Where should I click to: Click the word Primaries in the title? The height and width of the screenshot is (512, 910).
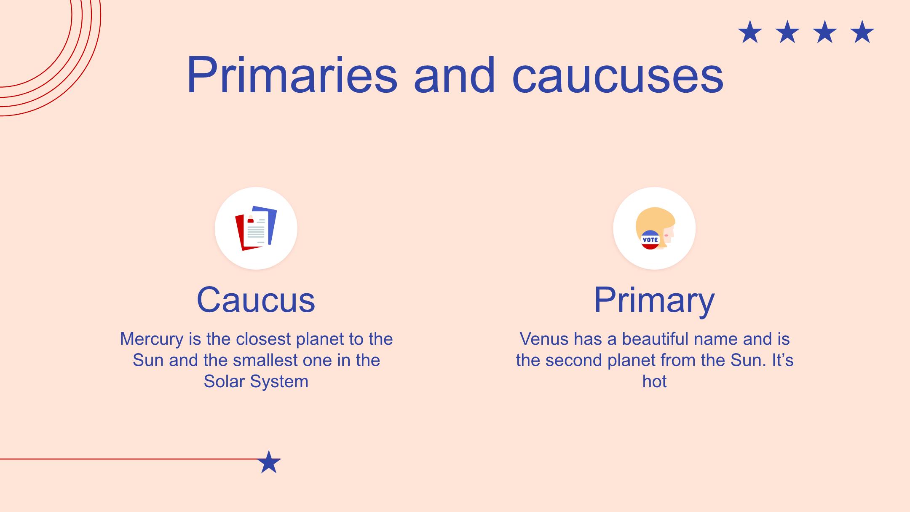point(292,75)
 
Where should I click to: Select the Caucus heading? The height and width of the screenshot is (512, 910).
point(256,300)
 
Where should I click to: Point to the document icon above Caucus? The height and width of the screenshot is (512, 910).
point(256,228)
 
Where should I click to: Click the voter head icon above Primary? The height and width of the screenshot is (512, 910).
point(655,228)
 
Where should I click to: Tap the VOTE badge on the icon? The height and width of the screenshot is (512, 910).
point(650,240)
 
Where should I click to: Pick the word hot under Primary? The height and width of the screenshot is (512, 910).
point(654,381)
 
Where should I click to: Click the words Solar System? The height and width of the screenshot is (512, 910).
point(256,382)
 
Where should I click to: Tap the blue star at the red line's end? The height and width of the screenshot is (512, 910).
point(269,462)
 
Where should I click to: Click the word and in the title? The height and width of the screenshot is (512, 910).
point(454,75)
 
